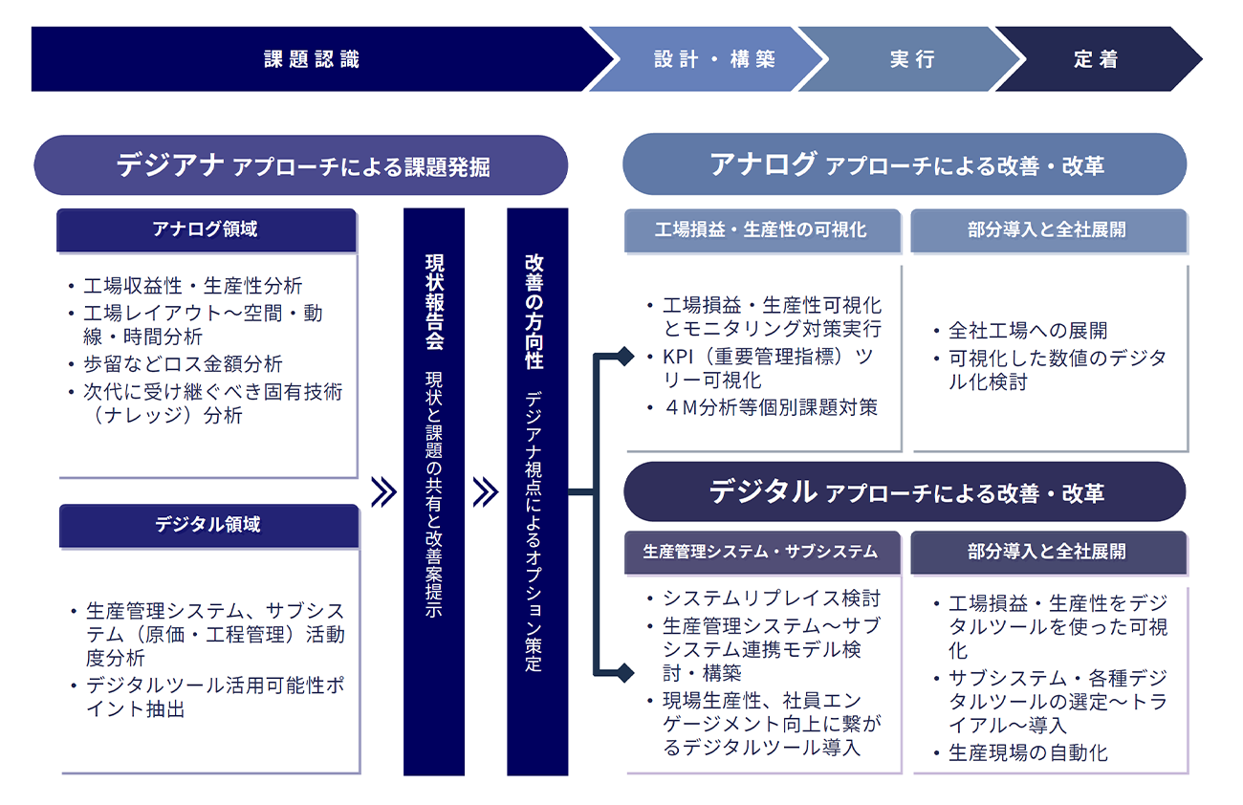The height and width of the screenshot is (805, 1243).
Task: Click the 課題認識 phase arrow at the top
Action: coord(312,59)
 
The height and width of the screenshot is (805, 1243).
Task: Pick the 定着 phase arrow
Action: coord(1096,59)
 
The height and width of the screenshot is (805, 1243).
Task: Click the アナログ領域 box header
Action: coord(206,229)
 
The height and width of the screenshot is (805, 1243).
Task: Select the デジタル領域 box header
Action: coord(207,525)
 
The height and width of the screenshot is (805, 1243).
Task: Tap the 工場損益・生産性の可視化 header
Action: coord(761,230)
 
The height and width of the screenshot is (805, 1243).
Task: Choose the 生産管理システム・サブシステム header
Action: coord(761,552)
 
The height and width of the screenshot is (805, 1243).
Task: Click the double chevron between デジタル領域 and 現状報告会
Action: coord(383,492)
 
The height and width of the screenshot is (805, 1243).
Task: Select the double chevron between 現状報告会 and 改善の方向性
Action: coord(486,492)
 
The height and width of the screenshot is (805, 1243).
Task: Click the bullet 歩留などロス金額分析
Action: coord(183,364)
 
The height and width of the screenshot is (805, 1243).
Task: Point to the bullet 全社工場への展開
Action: coord(1028,331)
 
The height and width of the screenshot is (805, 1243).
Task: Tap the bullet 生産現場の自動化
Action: coord(1028,753)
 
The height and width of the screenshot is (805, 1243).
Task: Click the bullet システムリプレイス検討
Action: coord(771,599)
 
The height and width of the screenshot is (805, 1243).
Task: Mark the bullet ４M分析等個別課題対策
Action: coord(771,407)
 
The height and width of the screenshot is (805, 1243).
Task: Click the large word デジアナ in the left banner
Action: coord(171,165)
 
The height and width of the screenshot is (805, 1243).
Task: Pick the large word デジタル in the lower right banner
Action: coord(762,491)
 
